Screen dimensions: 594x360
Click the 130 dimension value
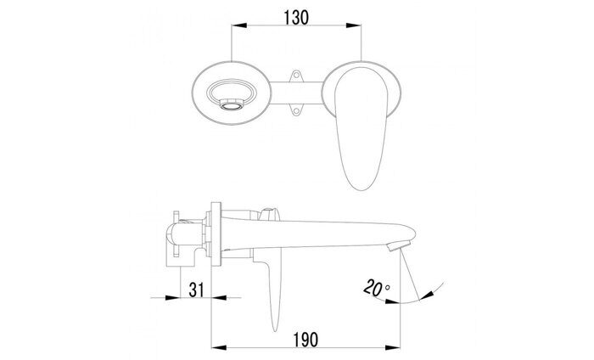[297, 18]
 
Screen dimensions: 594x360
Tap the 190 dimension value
[305, 340]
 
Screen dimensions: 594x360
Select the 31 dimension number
[196, 290]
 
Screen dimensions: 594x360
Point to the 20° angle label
[376, 288]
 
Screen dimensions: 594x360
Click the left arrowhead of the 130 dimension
[239, 25]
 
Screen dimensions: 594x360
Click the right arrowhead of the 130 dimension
[354, 25]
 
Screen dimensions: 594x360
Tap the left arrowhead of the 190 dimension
[219, 347]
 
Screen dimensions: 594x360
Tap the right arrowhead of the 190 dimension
[393, 347]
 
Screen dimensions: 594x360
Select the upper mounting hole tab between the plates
[296, 76]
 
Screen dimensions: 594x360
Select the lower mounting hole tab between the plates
[296, 110]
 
